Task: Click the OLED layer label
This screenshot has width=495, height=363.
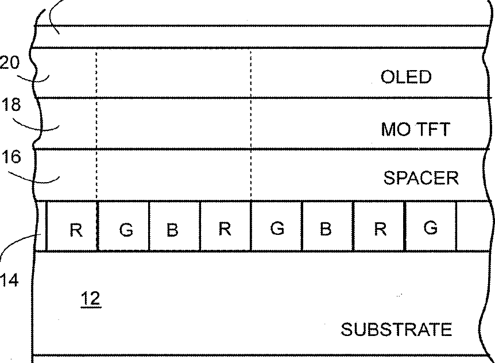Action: click(405, 77)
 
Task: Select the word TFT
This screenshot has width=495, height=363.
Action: click(430, 129)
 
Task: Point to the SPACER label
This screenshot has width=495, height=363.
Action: click(421, 178)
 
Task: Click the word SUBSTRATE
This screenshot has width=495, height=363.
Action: click(396, 330)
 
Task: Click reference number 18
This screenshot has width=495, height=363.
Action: click(10, 105)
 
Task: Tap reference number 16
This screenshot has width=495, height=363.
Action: click(10, 157)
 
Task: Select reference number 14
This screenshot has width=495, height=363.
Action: click(10, 280)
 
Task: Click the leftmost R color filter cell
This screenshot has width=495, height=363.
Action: click(75, 230)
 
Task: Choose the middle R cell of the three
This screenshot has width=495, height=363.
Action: click(225, 229)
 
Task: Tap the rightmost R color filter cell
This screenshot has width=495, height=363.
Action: click(380, 229)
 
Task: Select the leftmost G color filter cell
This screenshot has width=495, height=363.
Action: click(127, 230)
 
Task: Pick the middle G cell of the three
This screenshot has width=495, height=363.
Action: click(277, 229)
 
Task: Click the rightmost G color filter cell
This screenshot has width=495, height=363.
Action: click(430, 228)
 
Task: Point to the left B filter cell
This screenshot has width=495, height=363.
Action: click(172, 230)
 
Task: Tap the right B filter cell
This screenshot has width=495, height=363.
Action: click(326, 229)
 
